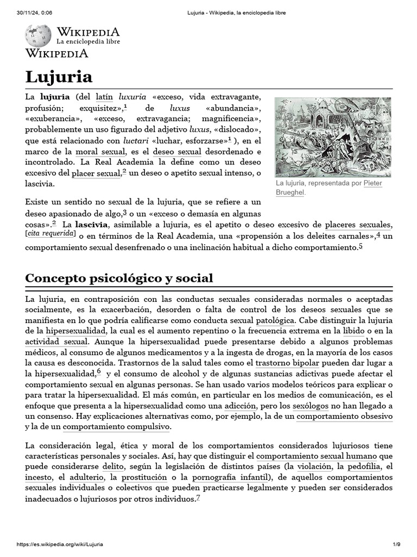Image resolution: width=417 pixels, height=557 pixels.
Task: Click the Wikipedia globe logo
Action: coord(38,35)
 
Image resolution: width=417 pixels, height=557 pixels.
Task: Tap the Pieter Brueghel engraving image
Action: coord(332,137)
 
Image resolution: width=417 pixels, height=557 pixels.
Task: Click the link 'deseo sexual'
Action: coord(177,151)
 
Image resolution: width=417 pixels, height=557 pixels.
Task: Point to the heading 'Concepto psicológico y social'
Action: coord(119,278)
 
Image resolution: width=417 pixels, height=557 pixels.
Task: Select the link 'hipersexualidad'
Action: coord(77,330)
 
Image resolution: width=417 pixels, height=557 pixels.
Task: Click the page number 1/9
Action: coord(396,544)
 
